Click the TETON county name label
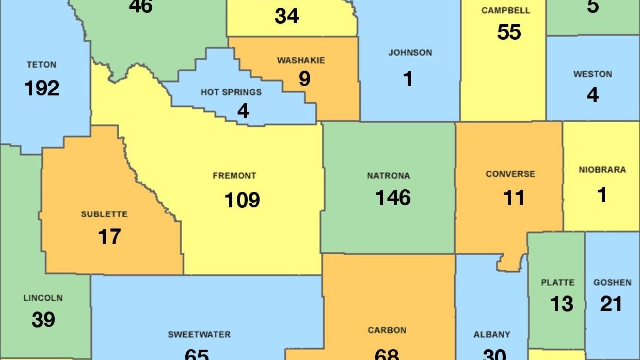41,65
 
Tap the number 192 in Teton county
42,88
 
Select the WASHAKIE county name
301,60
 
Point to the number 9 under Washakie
305,79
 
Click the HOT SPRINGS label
231,92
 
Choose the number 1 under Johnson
408,79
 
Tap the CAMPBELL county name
505,11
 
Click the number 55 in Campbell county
509,32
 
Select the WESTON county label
593,74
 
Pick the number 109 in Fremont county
242,200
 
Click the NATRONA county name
389,176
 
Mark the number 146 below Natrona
393,198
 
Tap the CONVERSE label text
510,174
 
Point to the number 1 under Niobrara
602,195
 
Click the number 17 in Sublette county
109,237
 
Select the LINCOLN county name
43,298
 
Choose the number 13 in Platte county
561,304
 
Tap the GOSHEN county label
612,283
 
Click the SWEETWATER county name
199,335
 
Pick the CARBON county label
387,330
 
